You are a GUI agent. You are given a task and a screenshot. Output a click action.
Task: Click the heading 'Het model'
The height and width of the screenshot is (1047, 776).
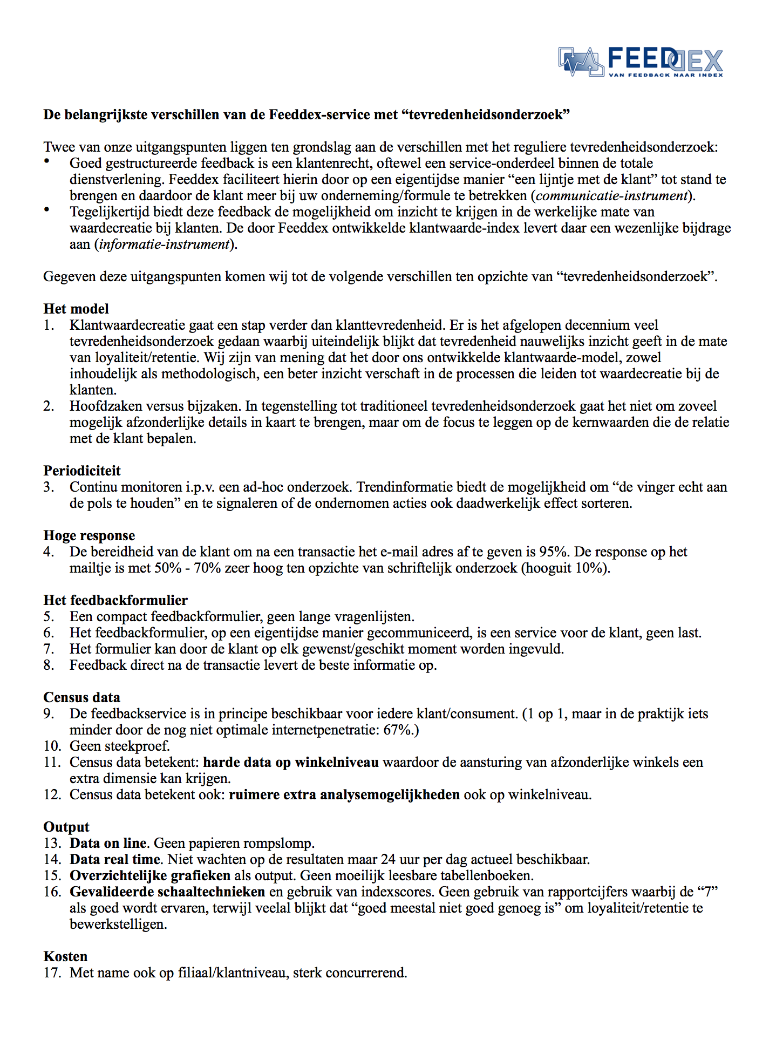[x=76, y=309]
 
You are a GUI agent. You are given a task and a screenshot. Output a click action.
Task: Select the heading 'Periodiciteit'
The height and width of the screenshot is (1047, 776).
[x=82, y=471]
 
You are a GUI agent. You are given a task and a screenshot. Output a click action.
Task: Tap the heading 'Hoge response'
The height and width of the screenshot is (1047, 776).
[x=89, y=536]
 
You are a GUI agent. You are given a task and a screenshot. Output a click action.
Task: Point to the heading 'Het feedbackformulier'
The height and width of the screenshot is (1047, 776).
[x=115, y=601]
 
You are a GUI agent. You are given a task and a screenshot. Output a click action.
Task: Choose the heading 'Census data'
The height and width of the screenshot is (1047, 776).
[x=81, y=698]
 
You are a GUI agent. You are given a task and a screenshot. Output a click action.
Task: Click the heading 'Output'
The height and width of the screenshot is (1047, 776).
[x=66, y=827]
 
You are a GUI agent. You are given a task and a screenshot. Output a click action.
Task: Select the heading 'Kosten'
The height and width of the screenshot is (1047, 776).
[x=65, y=956]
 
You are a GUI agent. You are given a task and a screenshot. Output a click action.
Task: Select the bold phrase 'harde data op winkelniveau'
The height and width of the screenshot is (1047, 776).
[x=290, y=763]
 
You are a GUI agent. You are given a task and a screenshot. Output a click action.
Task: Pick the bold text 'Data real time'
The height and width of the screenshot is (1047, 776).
[x=115, y=859]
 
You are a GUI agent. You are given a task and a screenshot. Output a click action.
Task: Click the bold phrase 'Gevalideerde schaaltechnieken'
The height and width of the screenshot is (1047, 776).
[x=167, y=892]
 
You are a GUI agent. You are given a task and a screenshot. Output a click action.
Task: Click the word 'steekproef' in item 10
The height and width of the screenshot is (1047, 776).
[x=141, y=746]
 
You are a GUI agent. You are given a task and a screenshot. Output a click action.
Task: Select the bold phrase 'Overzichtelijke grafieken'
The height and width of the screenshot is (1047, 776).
[x=150, y=875]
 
